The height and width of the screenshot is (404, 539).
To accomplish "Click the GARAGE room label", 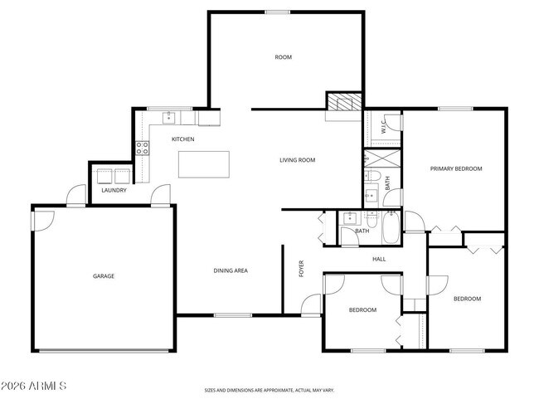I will [104, 275].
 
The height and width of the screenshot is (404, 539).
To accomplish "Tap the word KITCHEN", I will [182, 139].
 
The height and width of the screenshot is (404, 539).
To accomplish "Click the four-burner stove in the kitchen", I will [143, 148].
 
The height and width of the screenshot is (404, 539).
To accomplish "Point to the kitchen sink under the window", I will [171, 117].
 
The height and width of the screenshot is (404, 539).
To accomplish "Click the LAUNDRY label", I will [114, 190].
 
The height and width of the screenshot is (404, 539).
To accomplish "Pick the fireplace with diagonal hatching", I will [343, 102].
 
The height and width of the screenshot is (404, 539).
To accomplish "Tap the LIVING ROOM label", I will [297, 160].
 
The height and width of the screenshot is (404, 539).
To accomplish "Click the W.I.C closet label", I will [384, 127].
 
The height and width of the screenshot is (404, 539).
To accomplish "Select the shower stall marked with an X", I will [382, 158].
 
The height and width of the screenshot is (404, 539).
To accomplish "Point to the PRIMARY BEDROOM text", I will [455, 168].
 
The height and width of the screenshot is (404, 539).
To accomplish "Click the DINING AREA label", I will [231, 270].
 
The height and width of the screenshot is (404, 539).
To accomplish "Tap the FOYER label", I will [302, 269].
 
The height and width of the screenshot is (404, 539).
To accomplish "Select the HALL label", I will [379, 260].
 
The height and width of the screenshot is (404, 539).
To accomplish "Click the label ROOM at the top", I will [284, 57].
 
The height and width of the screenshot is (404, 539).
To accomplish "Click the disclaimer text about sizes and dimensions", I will [269, 390].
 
